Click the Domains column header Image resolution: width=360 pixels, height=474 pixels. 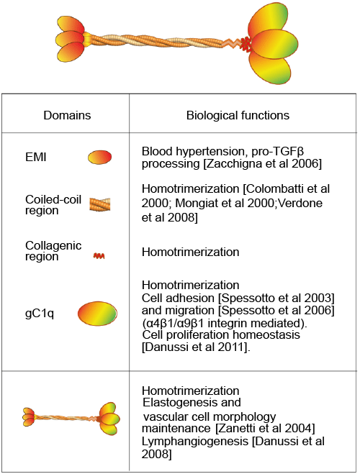pos(67,115)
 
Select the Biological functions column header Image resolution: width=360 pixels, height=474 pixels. pos(238,115)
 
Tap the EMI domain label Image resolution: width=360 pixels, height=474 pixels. pos(36,158)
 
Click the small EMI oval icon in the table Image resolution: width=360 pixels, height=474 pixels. pos(99,158)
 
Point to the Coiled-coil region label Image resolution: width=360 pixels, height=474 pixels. pos(53,205)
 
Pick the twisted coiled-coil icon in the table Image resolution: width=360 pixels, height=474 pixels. pos(100,204)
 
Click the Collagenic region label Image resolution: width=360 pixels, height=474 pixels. pos(53,250)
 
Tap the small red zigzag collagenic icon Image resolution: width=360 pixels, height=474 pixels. pos(99,256)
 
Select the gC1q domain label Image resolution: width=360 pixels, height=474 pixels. pos(40,314)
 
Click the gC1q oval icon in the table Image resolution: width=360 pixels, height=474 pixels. pos(97,313)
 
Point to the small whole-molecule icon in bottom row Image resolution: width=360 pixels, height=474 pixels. pos(71,419)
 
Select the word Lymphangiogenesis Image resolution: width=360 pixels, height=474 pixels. pos(195,442)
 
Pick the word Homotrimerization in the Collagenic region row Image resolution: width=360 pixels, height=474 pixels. pos(191,252)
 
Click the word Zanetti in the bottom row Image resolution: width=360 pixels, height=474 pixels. pos(234,429)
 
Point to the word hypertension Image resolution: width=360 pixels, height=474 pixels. pos(212,151)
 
